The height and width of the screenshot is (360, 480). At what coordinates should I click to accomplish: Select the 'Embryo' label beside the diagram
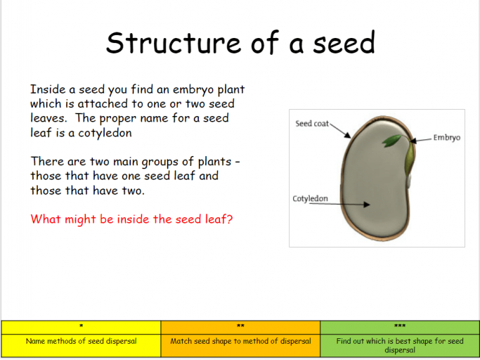click(x=447, y=138)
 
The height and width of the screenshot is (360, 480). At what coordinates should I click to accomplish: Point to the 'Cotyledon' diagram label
click(x=310, y=199)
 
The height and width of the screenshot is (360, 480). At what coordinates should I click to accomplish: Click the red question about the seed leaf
click(x=131, y=219)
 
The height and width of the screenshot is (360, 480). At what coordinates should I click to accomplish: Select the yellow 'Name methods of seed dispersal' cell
click(x=81, y=342)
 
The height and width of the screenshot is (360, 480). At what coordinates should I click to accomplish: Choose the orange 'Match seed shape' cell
click(x=240, y=342)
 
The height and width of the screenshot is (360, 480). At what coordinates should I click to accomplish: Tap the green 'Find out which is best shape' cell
click(x=399, y=345)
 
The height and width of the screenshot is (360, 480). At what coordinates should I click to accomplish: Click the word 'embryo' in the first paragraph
click(x=168, y=90)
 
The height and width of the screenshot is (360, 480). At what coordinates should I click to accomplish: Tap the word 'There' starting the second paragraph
click(x=46, y=162)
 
